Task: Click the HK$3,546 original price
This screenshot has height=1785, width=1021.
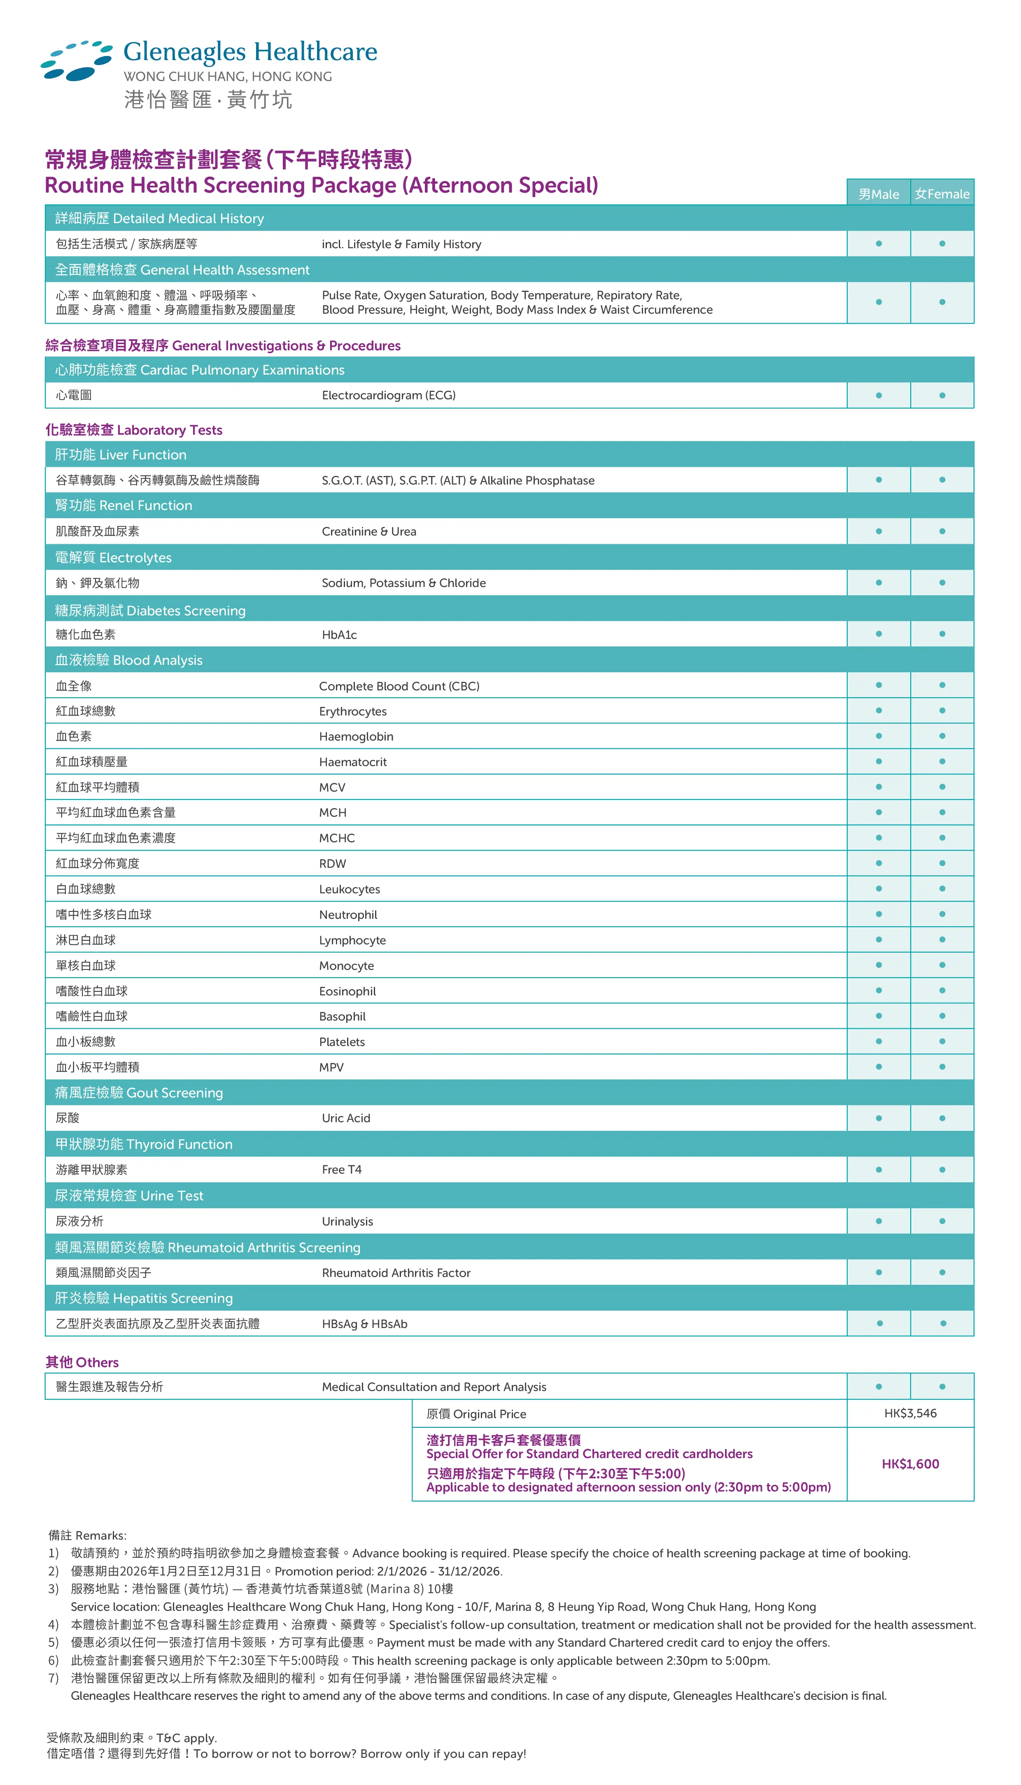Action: [910, 1413]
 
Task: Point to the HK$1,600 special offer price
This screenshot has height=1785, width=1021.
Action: [910, 1464]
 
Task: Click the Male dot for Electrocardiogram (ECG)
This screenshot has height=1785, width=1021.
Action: [879, 396]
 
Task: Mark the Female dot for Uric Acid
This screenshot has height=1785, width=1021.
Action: [942, 1118]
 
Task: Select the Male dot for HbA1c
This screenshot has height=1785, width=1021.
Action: [879, 634]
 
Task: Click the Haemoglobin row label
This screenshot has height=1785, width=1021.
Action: [356, 736]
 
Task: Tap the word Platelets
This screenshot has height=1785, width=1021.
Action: [342, 1042]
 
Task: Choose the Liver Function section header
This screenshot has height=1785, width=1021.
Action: [121, 455]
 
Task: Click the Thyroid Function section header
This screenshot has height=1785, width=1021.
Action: [144, 1144]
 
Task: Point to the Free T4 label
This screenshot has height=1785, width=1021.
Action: [342, 1170]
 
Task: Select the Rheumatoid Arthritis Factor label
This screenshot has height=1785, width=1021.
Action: [396, 1272]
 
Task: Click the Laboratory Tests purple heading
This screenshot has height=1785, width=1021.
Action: [134, 430]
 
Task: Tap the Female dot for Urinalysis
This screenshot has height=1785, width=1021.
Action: [942, 1221]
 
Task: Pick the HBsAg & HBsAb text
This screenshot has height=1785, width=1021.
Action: [365, 1324]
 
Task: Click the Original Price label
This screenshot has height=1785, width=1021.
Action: [476, 1414]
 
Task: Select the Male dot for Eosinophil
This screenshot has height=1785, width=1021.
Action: [879, 990]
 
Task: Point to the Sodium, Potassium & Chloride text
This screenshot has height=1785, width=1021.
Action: [404, 583]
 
